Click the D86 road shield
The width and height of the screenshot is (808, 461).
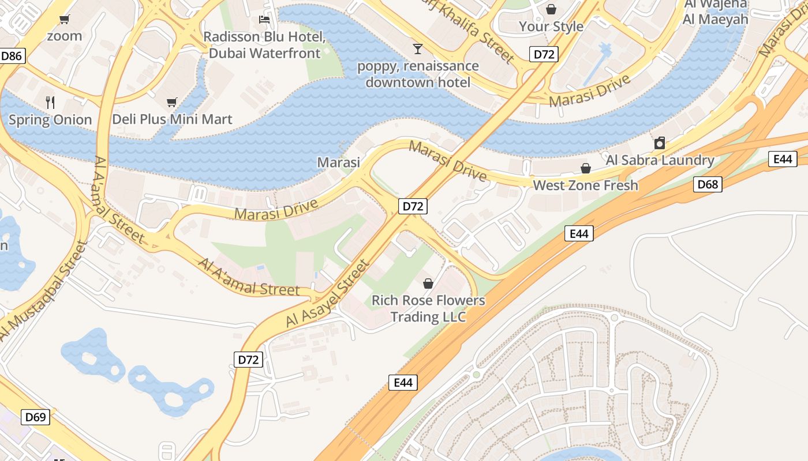(12, 56)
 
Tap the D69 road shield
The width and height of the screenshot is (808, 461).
(36, 417)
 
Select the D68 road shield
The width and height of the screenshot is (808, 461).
(707, 184)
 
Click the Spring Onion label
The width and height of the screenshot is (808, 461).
(50, 120)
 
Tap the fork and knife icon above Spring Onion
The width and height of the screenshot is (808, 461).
(50, 103)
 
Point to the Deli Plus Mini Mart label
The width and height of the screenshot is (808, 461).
(172, 119)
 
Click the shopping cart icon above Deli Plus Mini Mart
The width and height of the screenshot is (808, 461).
(171, 103)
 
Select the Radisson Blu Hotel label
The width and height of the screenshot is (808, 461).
(264, 45)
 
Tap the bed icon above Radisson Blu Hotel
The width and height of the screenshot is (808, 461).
(264, 20)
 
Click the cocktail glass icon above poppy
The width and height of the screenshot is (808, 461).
(418, 48)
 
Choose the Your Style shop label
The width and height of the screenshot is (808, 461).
(551, 27)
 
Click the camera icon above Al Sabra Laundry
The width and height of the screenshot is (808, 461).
(660, 143)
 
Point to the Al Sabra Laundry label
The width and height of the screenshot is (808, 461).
(660, 160)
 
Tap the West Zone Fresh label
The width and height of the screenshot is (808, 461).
(585, 185)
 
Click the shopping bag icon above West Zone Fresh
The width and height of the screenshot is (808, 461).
(585, 168)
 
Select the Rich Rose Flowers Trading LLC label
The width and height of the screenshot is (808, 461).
(428, 309)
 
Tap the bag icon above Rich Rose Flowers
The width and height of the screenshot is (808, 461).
(428, 284)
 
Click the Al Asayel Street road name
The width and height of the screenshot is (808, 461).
(327, 294)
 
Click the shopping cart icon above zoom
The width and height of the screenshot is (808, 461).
(65, 20)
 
